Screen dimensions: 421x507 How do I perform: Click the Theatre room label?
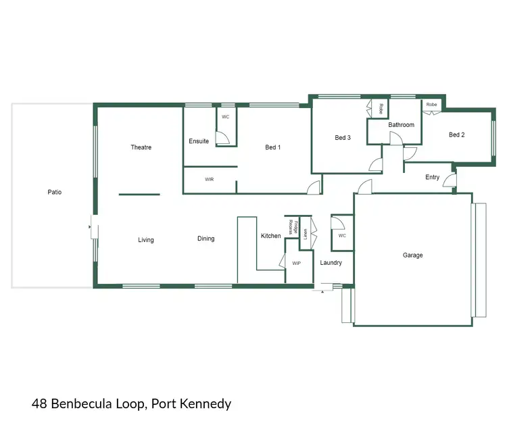pos(141,147)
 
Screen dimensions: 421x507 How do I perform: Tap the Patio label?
pos(55,193)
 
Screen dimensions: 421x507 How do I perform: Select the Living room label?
pos(146,240)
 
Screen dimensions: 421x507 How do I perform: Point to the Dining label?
pos(206,239)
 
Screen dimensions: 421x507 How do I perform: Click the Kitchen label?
pos(271,236)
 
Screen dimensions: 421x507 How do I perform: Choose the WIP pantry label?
pos(296,263)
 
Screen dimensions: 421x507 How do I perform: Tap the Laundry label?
pos(331,263)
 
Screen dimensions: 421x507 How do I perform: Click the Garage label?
pos(413,255)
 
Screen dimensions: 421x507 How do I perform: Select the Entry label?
pos(433,178)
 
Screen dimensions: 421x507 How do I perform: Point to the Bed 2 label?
pos(457,135)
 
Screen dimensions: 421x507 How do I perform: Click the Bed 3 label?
pos(343,138)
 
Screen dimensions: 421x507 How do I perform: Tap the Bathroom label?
pos(401,125)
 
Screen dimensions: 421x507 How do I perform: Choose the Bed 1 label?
pos(273,147)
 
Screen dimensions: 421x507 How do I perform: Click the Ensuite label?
pos(199,141)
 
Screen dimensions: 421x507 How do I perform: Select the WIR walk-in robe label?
pos(210,180)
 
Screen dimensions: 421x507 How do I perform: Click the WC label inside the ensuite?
pos(226,117)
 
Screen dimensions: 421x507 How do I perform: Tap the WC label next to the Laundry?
pos(342,236)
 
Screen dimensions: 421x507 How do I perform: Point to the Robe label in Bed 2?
pos(431,105)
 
